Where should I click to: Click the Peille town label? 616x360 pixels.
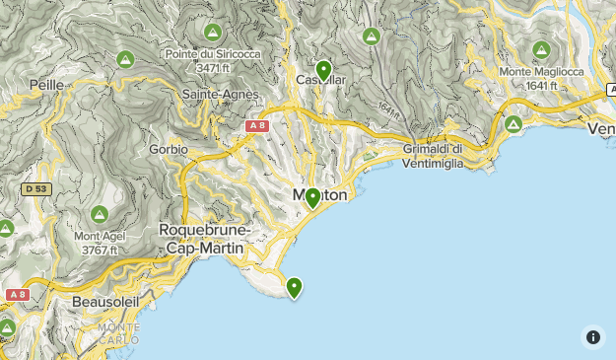[47, 86]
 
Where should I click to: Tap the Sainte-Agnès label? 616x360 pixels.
[221, 94]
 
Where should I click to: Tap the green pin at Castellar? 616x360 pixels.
[322, 71]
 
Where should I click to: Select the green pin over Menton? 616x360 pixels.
[312, 198]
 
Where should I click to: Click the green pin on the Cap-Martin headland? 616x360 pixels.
[294, 287]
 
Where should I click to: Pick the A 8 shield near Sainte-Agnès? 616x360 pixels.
[257, 126]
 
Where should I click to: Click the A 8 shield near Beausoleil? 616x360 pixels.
[17, 295]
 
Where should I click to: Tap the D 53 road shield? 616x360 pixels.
[36, 188]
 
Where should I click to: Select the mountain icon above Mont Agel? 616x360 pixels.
[100, 214]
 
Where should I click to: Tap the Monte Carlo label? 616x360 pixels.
[119, 333]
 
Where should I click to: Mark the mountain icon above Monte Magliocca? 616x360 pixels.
[541, 49]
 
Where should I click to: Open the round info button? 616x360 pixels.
[592, 336]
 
